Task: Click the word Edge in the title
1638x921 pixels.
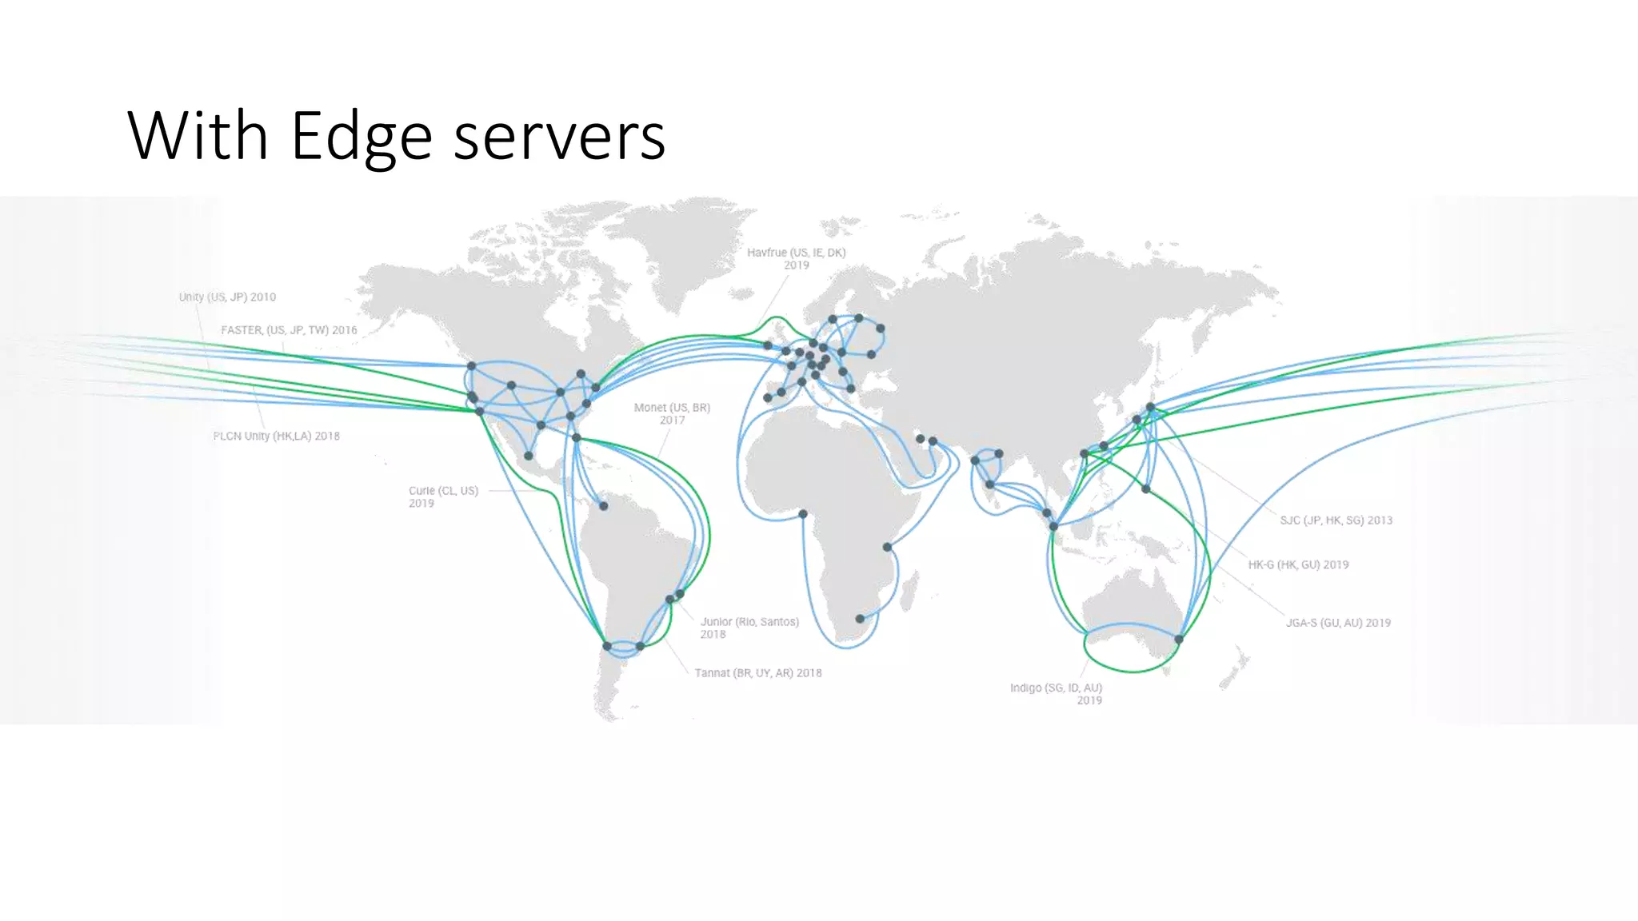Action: click(x=361, y=136)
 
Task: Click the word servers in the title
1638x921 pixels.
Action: click(x=559, y=136)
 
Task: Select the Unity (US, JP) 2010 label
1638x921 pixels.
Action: click(x=227, y=297)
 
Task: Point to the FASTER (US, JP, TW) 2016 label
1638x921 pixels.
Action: click(x=289, y=330)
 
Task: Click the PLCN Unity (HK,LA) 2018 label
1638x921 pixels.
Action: click(x=276, y=437)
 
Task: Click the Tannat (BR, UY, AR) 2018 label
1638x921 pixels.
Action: click(x=757, y=673)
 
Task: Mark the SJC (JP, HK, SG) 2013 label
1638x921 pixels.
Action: click(x=1336, y=520)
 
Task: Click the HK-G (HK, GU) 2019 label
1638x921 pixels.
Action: click(x=1298, y=565)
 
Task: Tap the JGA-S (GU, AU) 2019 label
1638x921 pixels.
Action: click(x=1338, y=623)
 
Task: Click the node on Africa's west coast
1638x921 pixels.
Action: click(x=803, y=514)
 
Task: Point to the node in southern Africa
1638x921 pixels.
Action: click(x=860, y=619)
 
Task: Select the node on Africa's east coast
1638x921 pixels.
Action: click(x=887, y=547)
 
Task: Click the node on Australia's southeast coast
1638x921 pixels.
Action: click(x=1179, y=640)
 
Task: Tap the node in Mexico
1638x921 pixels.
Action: click(x=528, y=456)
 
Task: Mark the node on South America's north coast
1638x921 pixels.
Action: click(x=604, y=506)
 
